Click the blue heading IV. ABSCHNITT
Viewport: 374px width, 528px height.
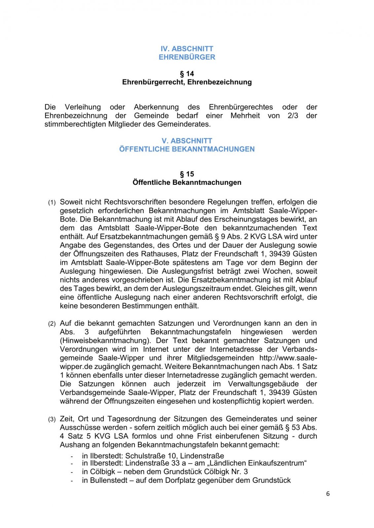pos(187,49)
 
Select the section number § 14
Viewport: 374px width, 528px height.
pos(187,74)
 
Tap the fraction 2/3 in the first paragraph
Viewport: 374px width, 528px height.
pos(293,116)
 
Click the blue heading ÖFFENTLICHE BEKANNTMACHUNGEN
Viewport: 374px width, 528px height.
pos(187,149)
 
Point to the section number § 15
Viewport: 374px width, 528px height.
pos(187,174)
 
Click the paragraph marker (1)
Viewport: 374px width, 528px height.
pos(52,203)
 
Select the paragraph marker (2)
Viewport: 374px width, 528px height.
pos(52,324)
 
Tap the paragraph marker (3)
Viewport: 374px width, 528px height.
pos(52,419)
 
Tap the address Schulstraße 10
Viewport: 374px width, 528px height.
pos(151,456)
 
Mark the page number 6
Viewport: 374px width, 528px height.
pos(328,494)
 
